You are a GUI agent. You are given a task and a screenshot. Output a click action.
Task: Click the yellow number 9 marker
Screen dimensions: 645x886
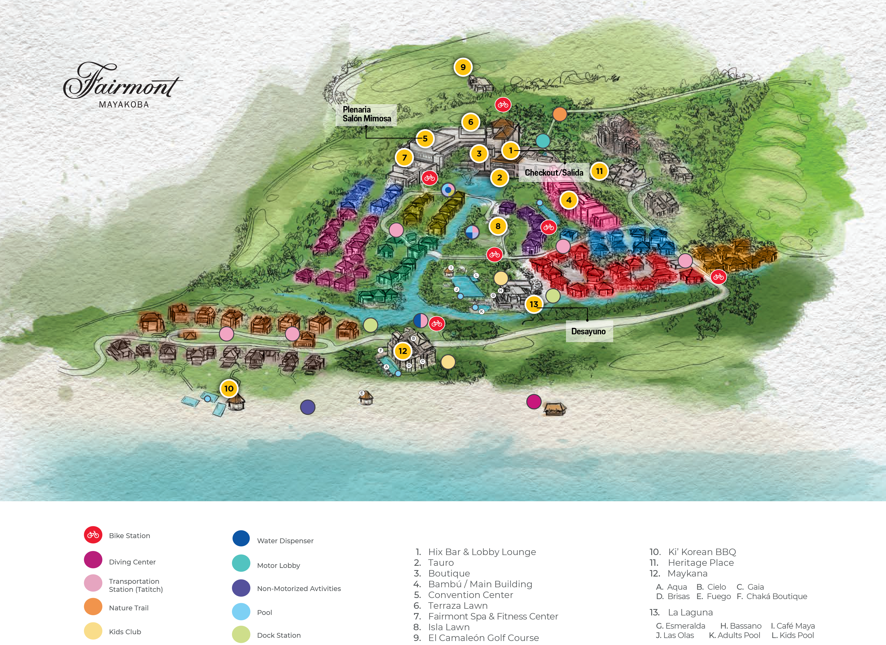pyautogui.click(x=463, y=67)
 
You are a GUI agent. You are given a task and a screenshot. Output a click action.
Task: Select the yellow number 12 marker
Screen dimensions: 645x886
pyautogui.click(x=403, y=351)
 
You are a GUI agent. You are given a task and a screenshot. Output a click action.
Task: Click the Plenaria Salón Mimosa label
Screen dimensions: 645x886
pyautogui.click(x=366, y=114)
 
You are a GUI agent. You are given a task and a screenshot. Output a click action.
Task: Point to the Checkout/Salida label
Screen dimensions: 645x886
pyautogui.click(x=554, y=173)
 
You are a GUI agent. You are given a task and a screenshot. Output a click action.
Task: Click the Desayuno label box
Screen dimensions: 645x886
pyautogui.click(x=588, y=332)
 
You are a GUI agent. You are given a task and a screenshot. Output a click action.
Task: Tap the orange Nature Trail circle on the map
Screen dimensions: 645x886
pyautogui.click(x=560, y=114)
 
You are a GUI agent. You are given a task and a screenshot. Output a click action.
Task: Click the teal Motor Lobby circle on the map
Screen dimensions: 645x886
pyautogui.click(x=542, y=141)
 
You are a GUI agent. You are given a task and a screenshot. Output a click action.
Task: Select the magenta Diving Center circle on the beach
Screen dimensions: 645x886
pyautogui.click(x=534, y=401)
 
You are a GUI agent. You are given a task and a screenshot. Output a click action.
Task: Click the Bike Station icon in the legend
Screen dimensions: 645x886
pyautogui.click(x=93, y=535)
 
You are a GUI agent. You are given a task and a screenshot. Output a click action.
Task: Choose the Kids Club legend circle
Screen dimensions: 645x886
pyautogui.click(x=93, y=631)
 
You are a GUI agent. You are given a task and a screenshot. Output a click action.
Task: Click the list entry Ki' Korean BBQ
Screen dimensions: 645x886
pyautogui.click(x=702, y=552)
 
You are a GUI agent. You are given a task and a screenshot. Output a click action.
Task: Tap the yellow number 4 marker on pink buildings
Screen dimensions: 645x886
pyautogui.click(x=569, y=200)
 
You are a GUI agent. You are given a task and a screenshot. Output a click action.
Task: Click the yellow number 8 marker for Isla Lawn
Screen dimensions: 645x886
pyautogui.click(x=498, y=226)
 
